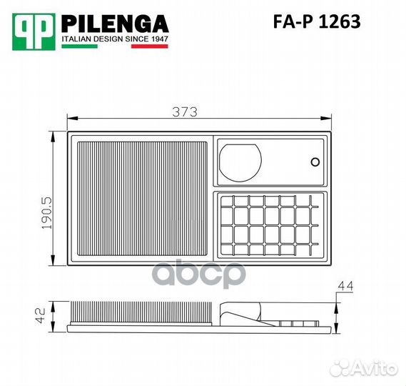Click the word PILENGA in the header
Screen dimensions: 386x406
[x=114, y=23]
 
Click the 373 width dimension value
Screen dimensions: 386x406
[x=185, y=112]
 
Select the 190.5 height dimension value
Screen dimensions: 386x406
[x=46, y=212]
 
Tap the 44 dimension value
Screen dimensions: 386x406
[x=345, y=286]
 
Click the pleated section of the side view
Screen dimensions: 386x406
[x=141, y=314]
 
